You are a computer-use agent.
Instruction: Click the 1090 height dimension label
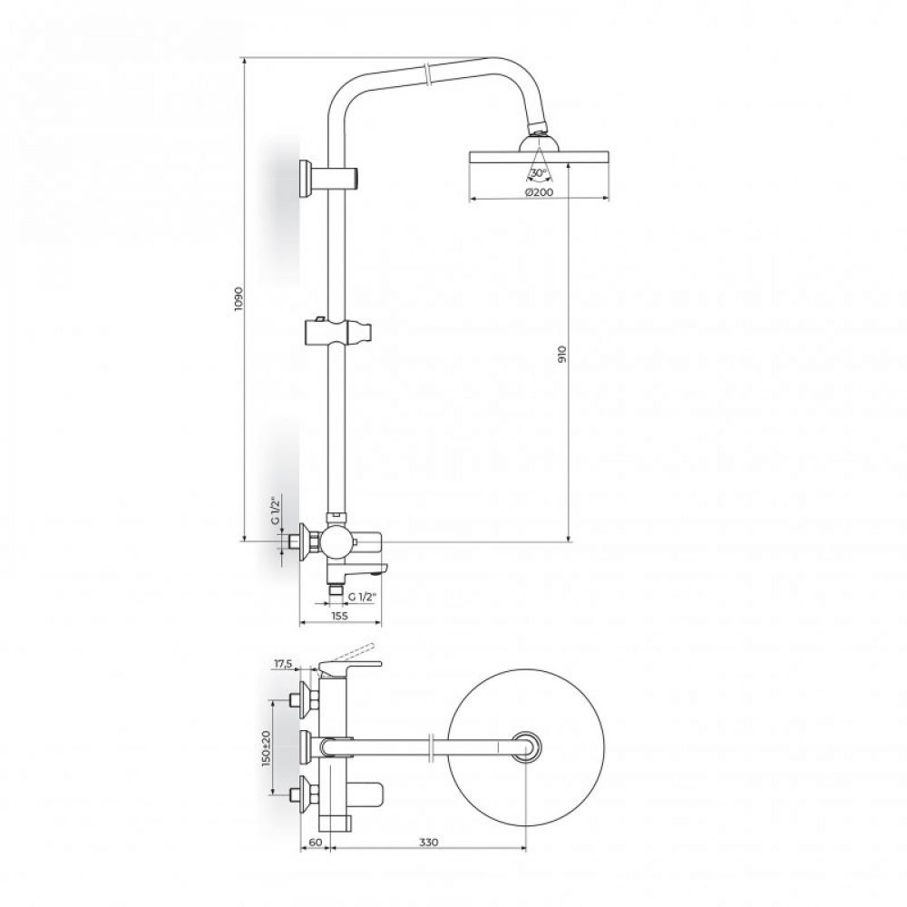tap(239, 299)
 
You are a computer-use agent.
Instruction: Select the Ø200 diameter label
tap(538, 192)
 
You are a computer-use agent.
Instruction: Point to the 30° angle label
tap(538, 173)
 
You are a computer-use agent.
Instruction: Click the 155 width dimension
tap(340, 616)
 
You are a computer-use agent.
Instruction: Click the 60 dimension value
tap(316, 842)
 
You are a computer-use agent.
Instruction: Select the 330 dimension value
tap(428, 842)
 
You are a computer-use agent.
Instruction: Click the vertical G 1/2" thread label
tap(276, 509)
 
